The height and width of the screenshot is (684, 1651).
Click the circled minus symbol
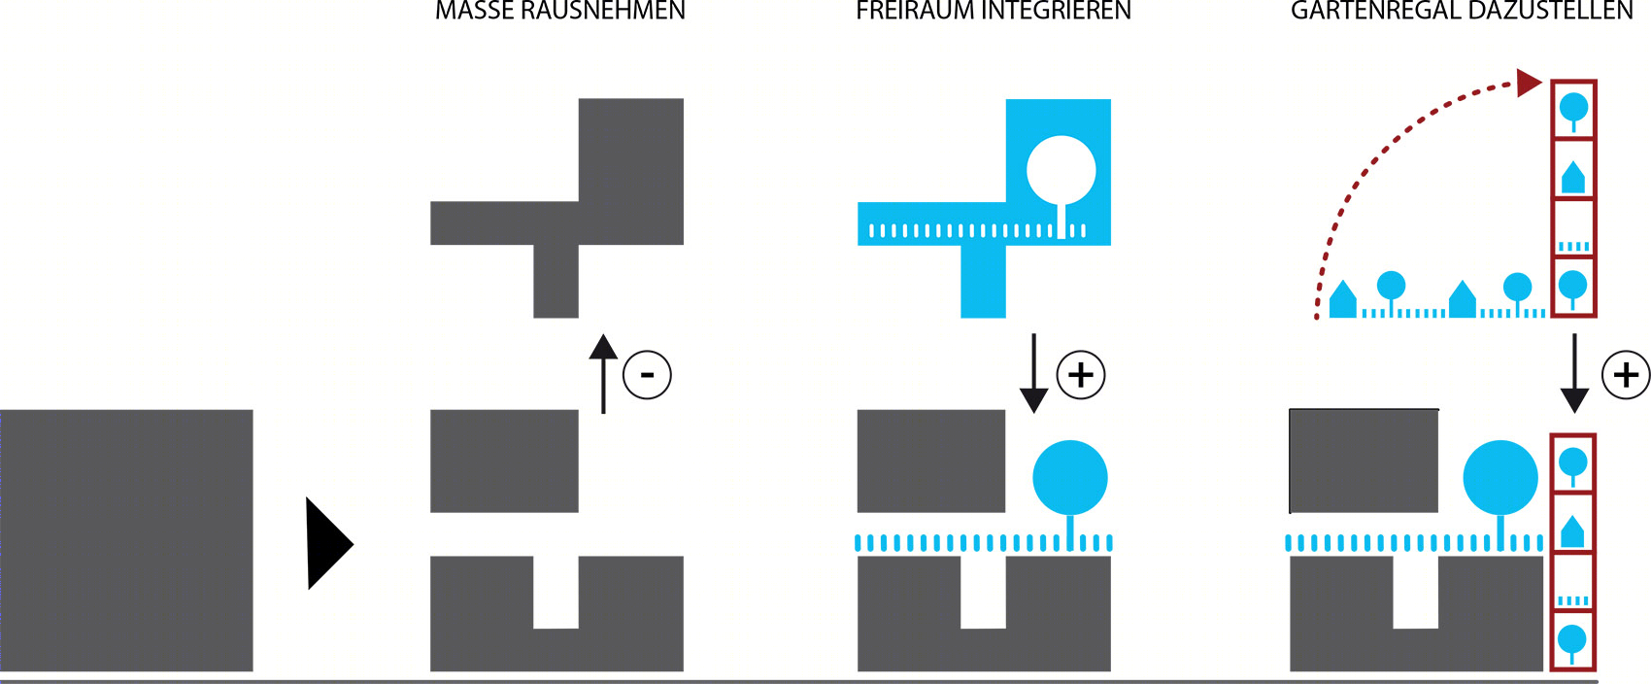coord(647,374)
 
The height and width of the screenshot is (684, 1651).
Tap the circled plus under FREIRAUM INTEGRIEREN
coord(1081,374)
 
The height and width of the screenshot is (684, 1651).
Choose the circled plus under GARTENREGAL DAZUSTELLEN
coord(1626,374)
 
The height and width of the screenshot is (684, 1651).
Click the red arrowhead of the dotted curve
coord(1529,83)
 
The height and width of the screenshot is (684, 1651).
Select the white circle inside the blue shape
coord(1061,171)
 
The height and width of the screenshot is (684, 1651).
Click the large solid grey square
coord(126,540)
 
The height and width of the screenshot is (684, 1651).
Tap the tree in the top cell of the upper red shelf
coord(1573,109)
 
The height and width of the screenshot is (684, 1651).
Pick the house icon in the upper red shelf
coord(1573,178)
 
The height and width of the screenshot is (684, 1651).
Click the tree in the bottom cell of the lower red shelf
coord(1572,642)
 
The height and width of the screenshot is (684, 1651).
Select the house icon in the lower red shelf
coord(1572,530)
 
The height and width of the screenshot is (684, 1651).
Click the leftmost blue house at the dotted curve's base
coord(1343,300)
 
